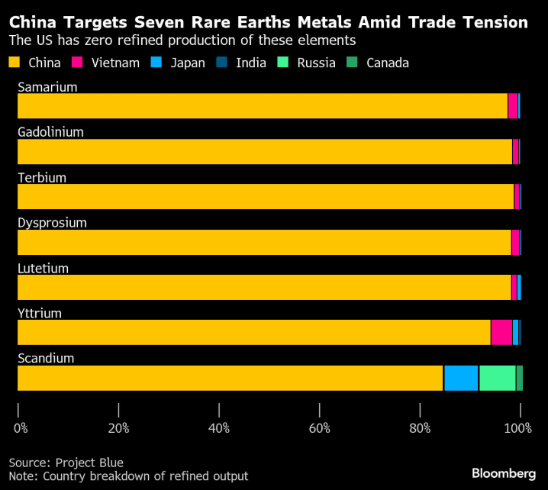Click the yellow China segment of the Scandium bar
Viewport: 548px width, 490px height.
(229, 378)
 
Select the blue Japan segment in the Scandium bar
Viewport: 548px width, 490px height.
(461, 378)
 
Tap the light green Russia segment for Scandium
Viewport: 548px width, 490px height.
(497, 378)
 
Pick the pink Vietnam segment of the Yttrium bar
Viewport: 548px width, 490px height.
(501, 333)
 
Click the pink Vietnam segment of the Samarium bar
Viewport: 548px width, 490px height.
(513, 106)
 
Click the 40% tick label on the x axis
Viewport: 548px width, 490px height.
(219, 428)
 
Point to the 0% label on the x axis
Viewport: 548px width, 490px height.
(21, 428)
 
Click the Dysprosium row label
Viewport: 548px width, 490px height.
(52, 223)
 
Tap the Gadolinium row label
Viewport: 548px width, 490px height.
(50, 132)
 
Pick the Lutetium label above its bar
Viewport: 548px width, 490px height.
(44, 268)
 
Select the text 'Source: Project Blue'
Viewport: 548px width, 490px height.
(66, 463)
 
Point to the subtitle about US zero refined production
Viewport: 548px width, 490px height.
(182, 40)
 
